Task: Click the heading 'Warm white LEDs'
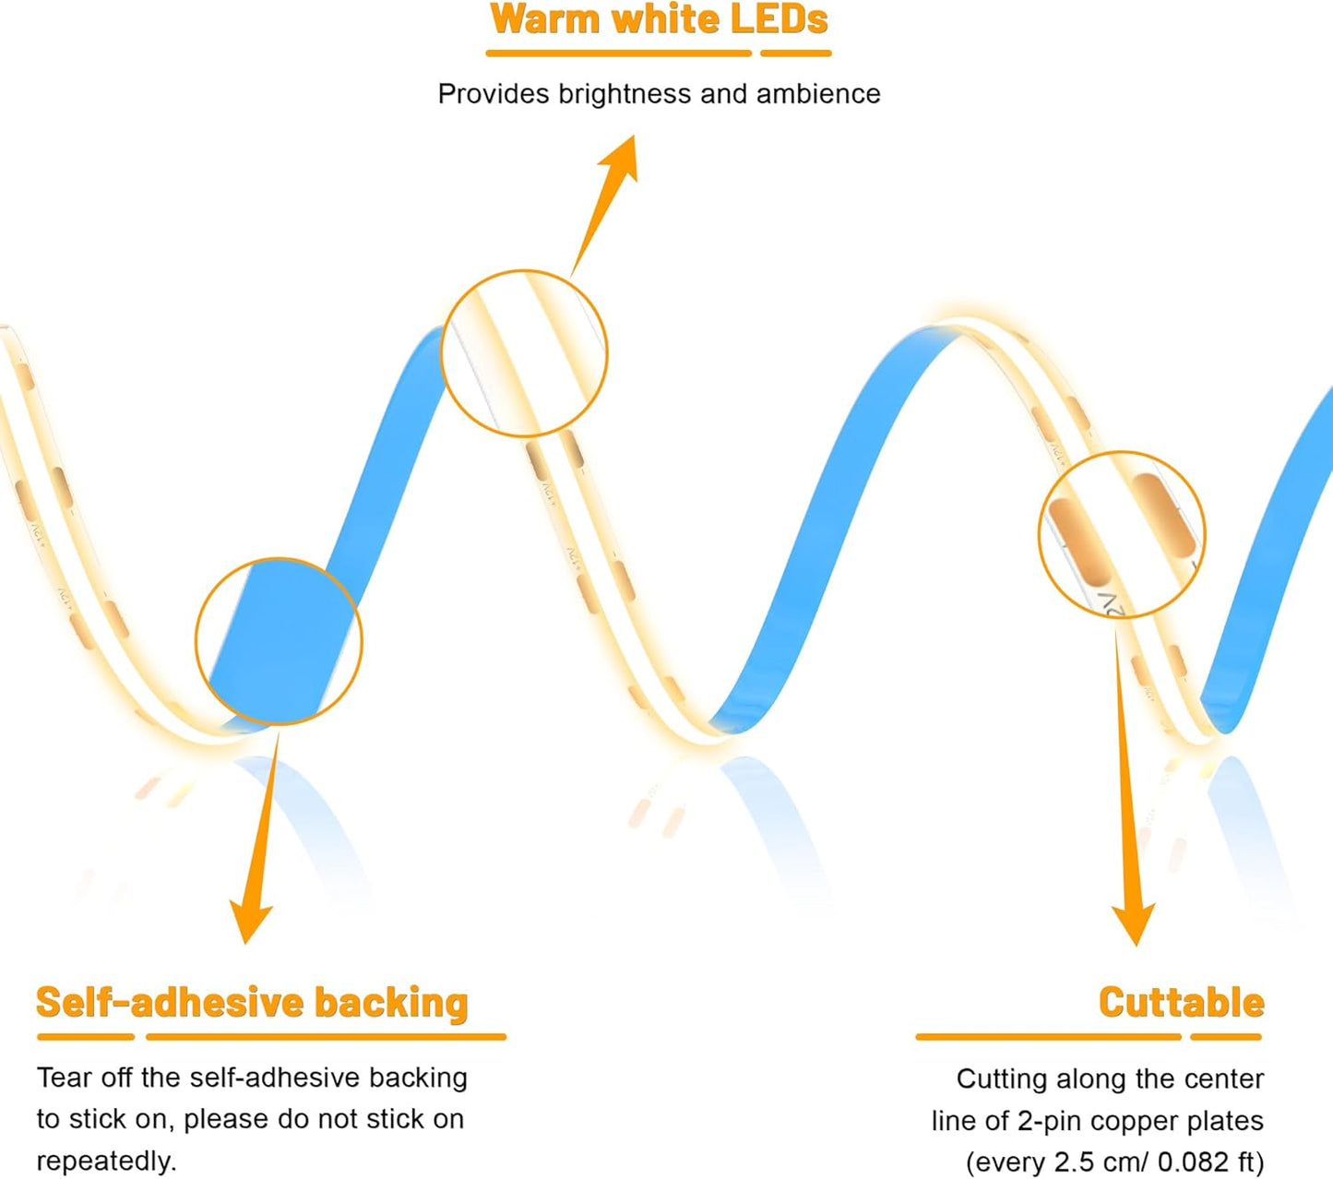660,19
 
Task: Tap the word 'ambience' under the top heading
818,94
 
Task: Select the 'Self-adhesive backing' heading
252,1004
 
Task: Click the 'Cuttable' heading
1182,1003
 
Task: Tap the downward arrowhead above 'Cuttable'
1133,925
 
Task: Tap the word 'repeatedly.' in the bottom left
107,1161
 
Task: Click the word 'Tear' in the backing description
64,1078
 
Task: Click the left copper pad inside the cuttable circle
1079,542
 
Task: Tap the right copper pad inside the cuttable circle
1164,516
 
